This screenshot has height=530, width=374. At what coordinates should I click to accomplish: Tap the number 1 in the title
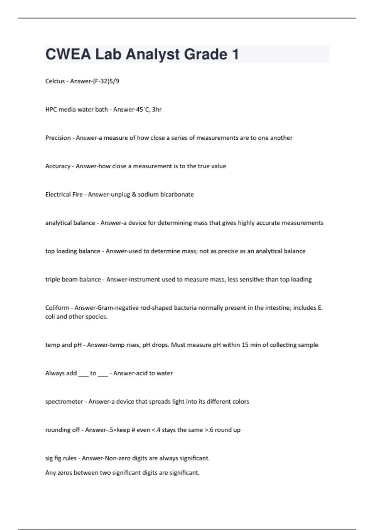pyautogui.click(x=235, y=55)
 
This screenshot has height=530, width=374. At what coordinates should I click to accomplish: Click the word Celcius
pyautogui.click(x=55, y=81)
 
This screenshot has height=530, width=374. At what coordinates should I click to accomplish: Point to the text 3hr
pyautogui.click(x=157, y=109)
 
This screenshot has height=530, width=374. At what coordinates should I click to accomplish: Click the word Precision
pyautogui.click(x=58, y=138)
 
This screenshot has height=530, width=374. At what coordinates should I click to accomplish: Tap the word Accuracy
pyautogui.click(x=58, y=166)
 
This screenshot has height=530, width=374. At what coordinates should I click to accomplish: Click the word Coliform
pyautogui.click(x=57, y=308)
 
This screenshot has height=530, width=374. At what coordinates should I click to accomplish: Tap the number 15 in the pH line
pyautogui.click(x=245, y=345)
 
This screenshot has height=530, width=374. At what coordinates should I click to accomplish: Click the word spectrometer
pyautogui.click(x=64, y=402)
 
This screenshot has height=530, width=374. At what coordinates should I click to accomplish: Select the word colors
pyautogui.click(x=240, y=402)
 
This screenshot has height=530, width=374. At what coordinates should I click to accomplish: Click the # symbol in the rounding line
pyautogui.click(x=132, y=430)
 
